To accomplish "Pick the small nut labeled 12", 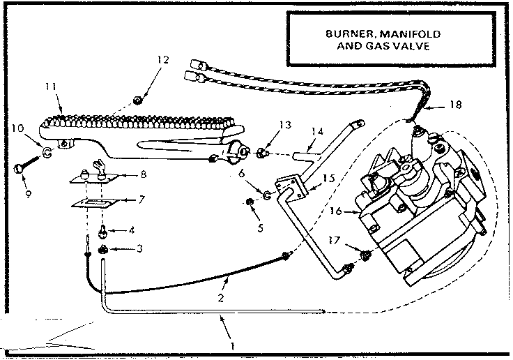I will (139, 100).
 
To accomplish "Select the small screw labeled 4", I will (102, 227).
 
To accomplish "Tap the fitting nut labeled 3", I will (102, 249).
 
